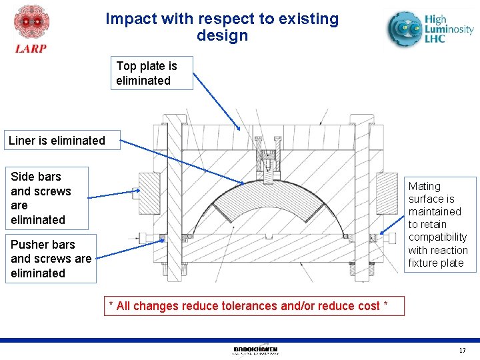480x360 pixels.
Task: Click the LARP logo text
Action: pos(31,48)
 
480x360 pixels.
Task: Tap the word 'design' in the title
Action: pos(222,36)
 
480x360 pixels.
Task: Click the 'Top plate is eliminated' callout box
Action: pos(151,73)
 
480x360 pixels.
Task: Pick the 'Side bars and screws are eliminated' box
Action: pos(46,198)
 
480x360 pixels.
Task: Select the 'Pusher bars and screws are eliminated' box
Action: pos(51,259)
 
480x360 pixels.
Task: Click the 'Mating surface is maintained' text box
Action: pos(438,224)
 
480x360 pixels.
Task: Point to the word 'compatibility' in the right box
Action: pos(437,237)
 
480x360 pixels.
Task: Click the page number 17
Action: pos(462,351)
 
